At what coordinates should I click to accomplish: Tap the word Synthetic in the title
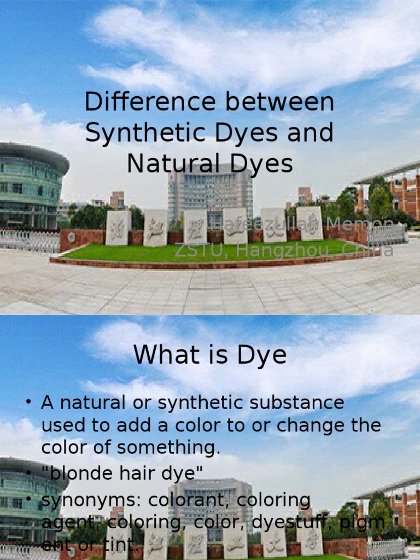tap(140, 133)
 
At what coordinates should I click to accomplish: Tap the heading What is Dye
tap(210, 355)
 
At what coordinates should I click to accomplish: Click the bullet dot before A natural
tap(28, 403)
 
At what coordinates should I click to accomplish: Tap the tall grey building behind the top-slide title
tap(211, 191)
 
